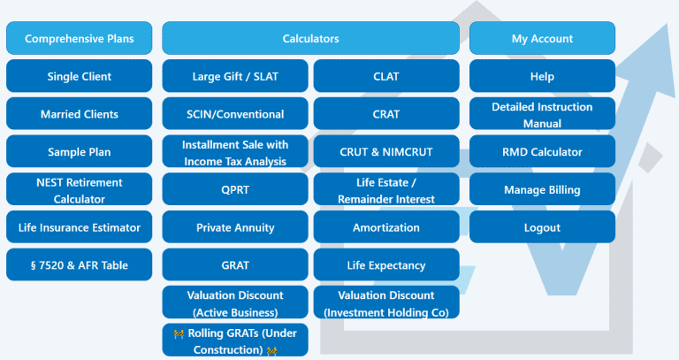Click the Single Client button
tap(80, 76)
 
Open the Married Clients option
tap(80, 113)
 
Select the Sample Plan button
tap(80, 151)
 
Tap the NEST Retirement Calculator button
tap(80, 189)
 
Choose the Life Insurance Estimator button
tap(80, 227)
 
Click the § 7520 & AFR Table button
tap(80, 264)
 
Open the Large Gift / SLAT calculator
tap(235, 76)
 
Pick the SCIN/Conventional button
tap(235, 113)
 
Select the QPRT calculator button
tap(235, 189)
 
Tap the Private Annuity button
tap(235, 227)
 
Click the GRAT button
tap(235, 264)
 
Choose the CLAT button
tap(386, 76)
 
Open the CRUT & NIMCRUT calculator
tap(386, 151)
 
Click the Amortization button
tap(386, 227)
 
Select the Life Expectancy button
tap(386, 264)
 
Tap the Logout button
tap(542, 227)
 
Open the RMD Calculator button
tap(542, 151)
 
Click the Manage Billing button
tap(542, 189)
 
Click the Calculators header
tap(310, 38)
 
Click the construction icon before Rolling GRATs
tap(179, 333)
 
